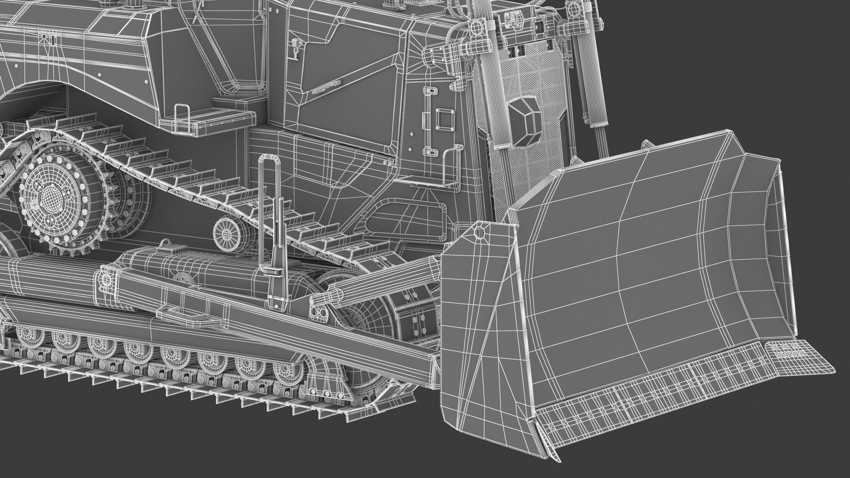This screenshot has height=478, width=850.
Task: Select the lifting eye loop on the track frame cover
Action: [x=166, y=243]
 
